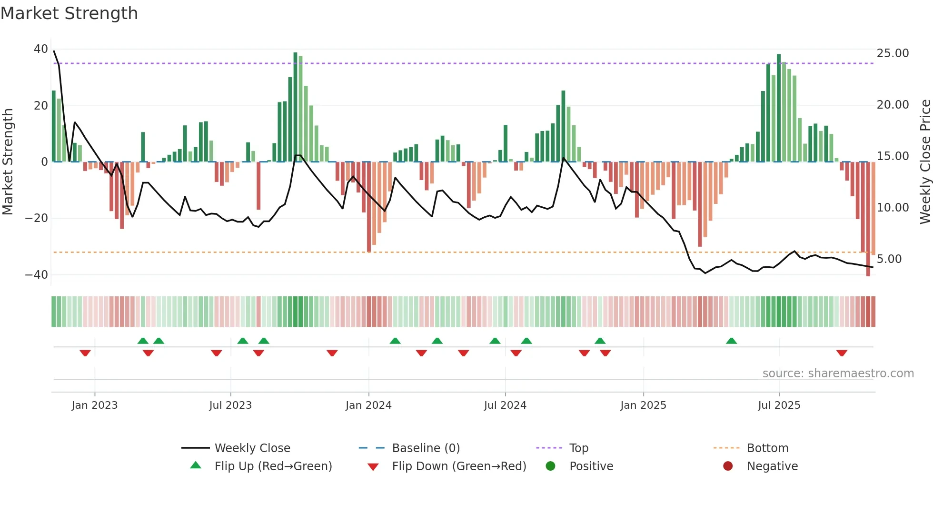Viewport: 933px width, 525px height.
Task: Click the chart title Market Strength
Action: point(69,13)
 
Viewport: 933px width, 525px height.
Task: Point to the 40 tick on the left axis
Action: point(41,49)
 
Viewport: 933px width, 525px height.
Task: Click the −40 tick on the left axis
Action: point(37,274)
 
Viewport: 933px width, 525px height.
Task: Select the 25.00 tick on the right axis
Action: point(893,53)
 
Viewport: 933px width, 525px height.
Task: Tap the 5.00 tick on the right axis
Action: point(889,259)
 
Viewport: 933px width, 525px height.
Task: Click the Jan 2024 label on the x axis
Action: point(368,405)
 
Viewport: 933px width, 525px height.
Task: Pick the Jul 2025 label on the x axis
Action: point(779,405)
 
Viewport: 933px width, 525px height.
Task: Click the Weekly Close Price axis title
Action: point(925,162)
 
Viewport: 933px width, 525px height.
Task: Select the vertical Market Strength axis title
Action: point(8,162)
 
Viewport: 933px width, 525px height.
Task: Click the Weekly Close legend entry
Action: point(252,448)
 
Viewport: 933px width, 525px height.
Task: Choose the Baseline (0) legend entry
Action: point(426,448)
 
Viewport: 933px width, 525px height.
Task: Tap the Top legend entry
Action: point(578,448)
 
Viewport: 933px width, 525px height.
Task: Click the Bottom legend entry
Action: point(767,448)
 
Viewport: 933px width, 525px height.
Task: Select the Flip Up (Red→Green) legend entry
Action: point(273,466)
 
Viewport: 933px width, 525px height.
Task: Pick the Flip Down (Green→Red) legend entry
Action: point(459,466)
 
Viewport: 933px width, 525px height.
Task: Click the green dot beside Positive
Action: point(551,466)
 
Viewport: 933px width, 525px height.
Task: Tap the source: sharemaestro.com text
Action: point(838,374)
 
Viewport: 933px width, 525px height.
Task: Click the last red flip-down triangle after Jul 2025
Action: point(842,353)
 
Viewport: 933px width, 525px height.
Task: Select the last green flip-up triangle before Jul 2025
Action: point(732,341)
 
